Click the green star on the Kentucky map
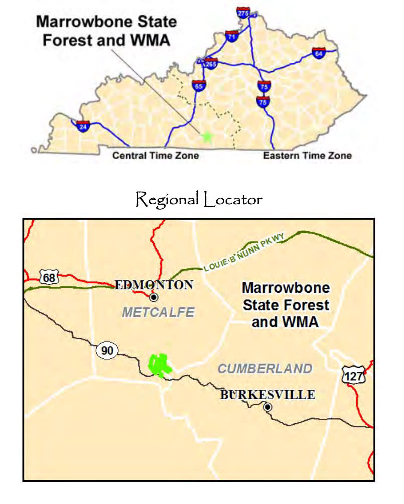coord(206,135)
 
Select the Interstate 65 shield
coord(198,85)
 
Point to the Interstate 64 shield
coord(318,53)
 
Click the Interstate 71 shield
coord(232,36)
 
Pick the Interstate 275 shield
coord(243,13)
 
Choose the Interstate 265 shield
coord(211,64)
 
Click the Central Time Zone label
coord(155,156)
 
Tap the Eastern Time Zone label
coord(307,156)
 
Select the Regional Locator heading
coord(199,200)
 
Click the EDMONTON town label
coord(154,285)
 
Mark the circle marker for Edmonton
coord(154,297)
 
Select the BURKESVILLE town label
coord(268,395)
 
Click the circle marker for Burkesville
coord(268,407)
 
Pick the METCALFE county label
coord(158,313)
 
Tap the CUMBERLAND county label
coord(265,369)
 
